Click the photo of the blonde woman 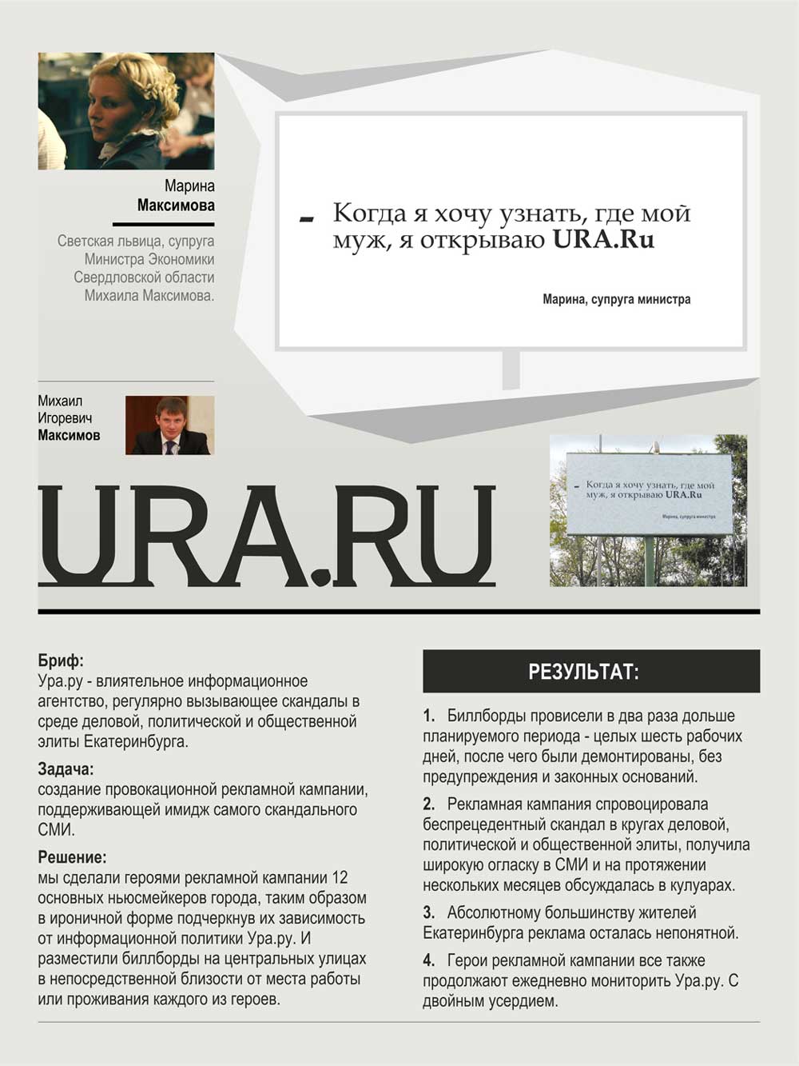point(126,110)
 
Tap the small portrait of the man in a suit point(169,425)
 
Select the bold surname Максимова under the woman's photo point(176,206)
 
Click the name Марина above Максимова point(189,186)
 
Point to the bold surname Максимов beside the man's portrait point(69,436)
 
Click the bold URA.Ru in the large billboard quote point(603,240)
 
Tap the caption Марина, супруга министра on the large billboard point(616,300)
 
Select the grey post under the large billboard point(511,369)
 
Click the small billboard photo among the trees point(648,509)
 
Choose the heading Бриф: point(61,661)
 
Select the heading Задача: point(66,769)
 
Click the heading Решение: point(72,858)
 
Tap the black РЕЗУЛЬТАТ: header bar point(591,672)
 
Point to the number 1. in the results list point(429,716)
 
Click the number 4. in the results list point(429,960)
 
